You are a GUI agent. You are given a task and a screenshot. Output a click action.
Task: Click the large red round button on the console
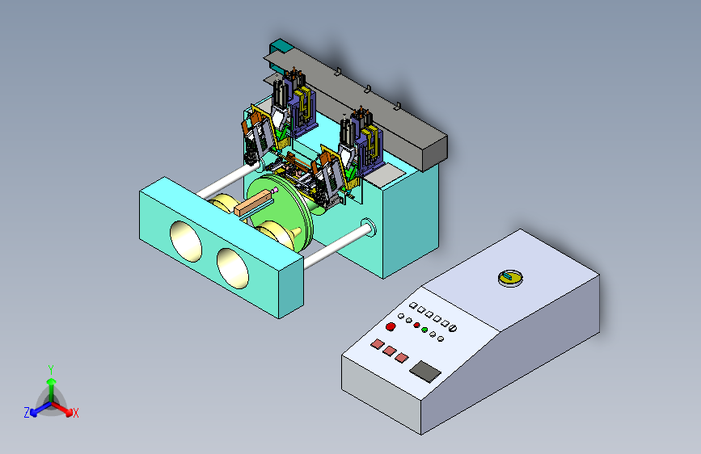tap(391, 326)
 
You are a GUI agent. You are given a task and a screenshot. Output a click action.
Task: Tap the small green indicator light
tap(424, 330)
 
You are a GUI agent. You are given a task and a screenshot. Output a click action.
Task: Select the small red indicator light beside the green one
tap(416, 325)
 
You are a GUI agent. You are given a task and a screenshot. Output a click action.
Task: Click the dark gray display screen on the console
tap(425, 372)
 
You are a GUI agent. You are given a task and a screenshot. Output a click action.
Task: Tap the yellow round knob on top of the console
tap(510, 278)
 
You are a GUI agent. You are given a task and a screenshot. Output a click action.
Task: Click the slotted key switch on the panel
tap(453, 329)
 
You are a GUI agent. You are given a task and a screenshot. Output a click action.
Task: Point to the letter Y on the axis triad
tap(51, 370)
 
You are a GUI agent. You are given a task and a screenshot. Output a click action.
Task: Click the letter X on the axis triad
tap(75, 413)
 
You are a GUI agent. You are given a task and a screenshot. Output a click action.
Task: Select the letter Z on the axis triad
tap(27, 413)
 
